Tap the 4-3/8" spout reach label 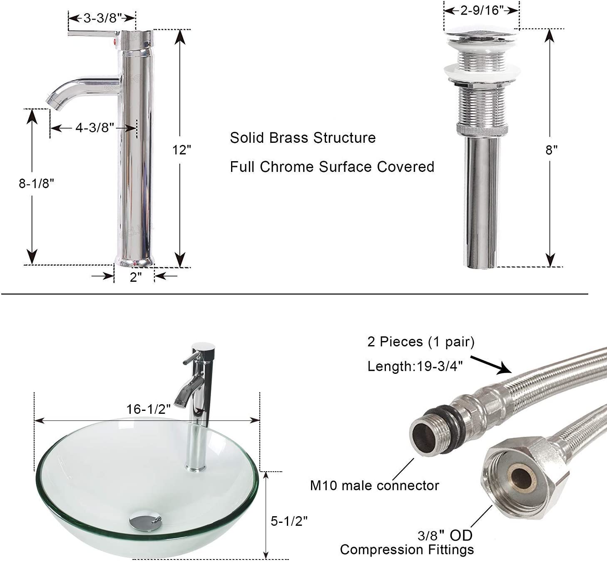95,127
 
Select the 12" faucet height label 182,150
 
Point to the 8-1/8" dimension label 36,184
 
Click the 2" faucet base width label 136,277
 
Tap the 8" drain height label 551,150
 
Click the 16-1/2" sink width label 149,409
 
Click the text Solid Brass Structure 303,138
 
